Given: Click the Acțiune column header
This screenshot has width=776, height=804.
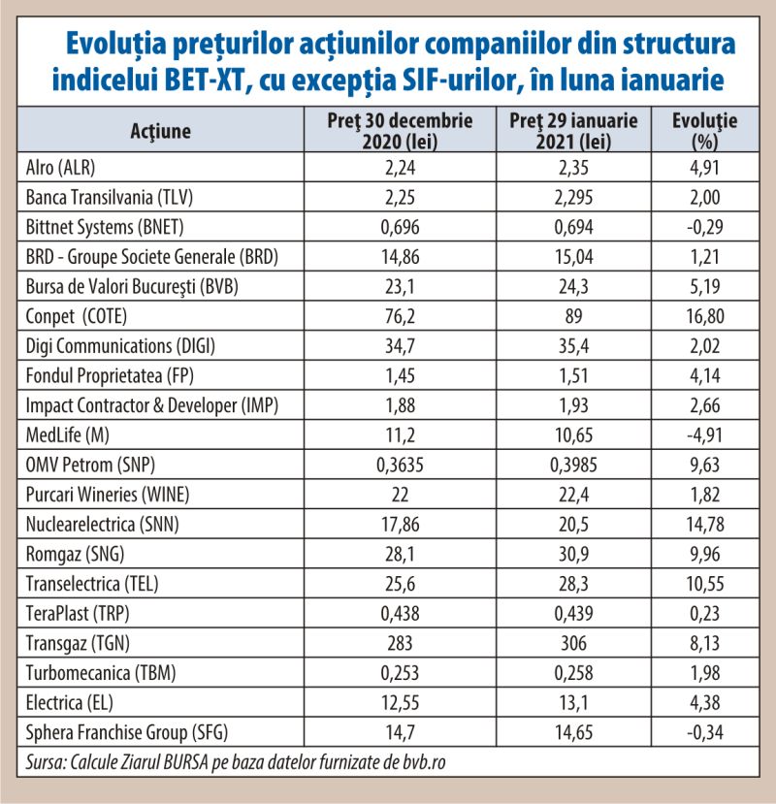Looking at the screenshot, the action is [x=160, y=131].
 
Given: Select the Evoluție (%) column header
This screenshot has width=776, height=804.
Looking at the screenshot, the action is [x=705, y=130].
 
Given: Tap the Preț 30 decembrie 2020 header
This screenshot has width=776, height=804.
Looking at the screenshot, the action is [x=400, y=130].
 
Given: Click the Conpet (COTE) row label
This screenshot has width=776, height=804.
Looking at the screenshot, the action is [x=77, y=316].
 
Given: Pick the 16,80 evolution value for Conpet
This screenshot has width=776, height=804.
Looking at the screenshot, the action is [x=705, y=316].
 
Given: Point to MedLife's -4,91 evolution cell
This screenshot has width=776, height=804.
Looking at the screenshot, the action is [x=705, y=434].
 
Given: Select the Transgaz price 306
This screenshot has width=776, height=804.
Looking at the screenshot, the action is [x=573, y=643].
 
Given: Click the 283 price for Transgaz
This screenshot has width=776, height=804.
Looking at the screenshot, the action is [x=400, y=643].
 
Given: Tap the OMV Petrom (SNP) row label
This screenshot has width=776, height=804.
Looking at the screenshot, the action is [x=90, y=465].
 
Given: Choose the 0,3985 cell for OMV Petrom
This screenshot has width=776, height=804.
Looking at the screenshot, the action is [x=573, y=465].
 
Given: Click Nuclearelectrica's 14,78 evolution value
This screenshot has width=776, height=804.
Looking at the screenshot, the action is [x=705, y=524].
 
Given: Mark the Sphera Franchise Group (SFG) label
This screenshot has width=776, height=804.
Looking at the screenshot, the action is [x=127, y=732].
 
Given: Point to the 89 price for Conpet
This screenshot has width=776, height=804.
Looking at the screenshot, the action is [x=573, y=316].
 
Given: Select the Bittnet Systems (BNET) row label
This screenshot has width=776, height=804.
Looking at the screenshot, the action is [x=105, y=227].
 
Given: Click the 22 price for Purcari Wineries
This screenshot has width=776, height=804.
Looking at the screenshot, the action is [x=400, y=495].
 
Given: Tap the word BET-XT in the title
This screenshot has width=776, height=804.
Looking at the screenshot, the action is [x=203, y=80].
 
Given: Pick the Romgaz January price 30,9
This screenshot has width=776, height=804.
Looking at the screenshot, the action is [x=573, y=554].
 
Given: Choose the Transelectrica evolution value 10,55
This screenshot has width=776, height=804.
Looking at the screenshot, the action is [x=705, y=584].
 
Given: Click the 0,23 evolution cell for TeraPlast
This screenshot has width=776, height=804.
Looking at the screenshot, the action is [x=705, y=613].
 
